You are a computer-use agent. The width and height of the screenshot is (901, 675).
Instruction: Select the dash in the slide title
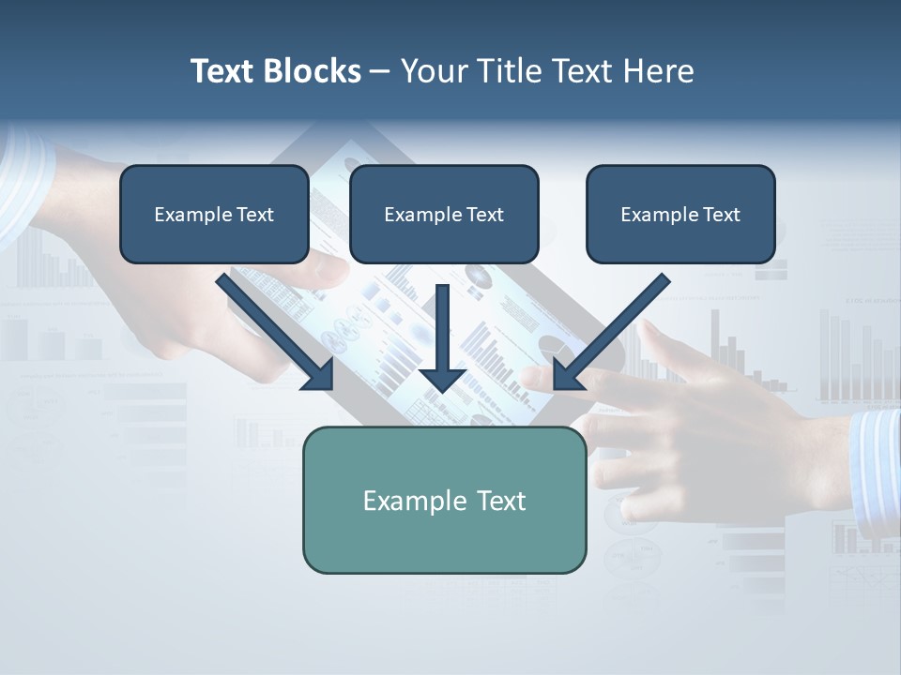pyautogui.click(x=379, y=72)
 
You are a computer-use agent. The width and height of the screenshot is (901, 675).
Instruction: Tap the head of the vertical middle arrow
pyautogui.click(x=443, y=379)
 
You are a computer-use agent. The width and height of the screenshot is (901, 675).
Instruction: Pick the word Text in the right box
pyautogui.click(x=722, y=215)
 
